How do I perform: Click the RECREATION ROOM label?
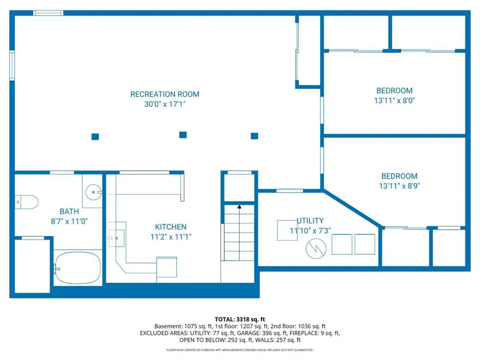click(x=165, y=94)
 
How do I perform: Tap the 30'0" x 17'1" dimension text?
click(x=165, y=104)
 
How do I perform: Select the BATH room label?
click(x=69, y=212)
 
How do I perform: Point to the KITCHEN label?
click(x=170, y=227)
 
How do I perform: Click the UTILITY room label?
click(x=310, y=221)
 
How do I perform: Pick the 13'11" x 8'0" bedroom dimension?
click(x=394, y=101)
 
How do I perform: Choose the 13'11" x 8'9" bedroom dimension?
click(x=399, y=186)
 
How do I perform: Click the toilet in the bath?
click(x=27, y=202)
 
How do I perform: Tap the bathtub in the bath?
click(x=78, y=268)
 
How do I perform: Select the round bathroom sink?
click(x=93, y=193)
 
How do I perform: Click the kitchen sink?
click(x=116, y=238)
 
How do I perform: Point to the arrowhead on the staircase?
click(x=239, y=207)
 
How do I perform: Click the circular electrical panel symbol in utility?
click(x=316, y=248)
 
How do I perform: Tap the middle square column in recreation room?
click(x=183, y=135)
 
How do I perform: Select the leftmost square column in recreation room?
click(x=95, y=137)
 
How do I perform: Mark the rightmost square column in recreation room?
click(x=254, y=136)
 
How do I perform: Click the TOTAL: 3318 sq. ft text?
click(x=240, y=319)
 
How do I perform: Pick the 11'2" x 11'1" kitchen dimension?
click(x=170, y=237)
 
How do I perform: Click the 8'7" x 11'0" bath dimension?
click(x=69, y=221)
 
